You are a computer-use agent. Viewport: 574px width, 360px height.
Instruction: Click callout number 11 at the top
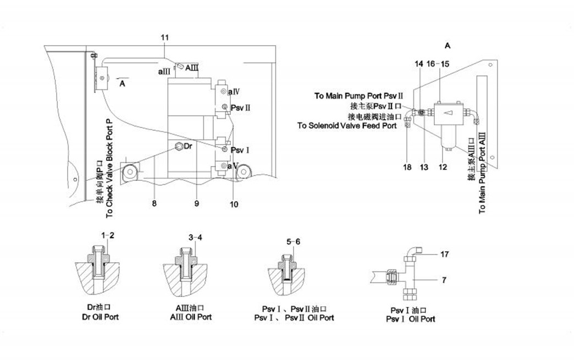(165, 37)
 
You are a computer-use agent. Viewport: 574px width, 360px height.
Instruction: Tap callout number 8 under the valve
(154, 203)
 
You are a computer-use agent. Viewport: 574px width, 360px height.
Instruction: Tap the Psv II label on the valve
(241, 107)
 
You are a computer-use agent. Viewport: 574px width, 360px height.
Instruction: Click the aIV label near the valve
(233, 90)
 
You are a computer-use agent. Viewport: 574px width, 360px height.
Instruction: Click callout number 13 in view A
(424, 167)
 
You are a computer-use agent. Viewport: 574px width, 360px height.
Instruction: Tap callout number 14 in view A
(419, 64)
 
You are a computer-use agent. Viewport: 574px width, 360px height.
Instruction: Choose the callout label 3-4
(196, 237)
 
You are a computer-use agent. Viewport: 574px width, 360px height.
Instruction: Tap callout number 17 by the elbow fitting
(445, 254)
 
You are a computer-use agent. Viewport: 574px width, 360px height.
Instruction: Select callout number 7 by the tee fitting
(445, 281)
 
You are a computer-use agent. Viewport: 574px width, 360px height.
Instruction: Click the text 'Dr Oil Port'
(100, 317)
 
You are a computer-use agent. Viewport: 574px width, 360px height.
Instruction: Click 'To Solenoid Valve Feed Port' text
(347, 126)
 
